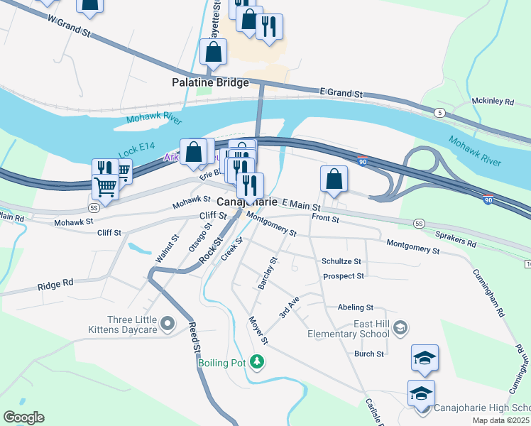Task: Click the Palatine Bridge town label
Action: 210,82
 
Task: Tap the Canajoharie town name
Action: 246,202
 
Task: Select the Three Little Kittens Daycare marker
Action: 168,324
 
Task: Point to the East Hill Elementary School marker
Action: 400,327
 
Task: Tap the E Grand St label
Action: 341,93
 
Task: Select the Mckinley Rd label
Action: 492,102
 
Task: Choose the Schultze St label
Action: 341,261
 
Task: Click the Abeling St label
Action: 356,307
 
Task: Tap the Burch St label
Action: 369,354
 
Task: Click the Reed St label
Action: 193,338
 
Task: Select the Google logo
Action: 23,417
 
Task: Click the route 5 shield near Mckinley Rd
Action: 440,113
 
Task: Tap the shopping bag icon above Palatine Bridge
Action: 213,53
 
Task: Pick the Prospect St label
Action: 343,275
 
